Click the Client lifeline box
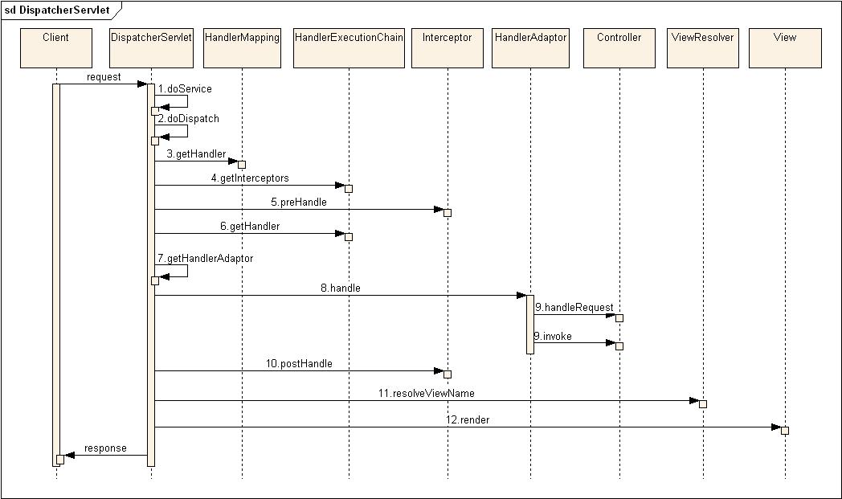(x=56, y=47)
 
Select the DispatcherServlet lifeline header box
(x=150, y=47)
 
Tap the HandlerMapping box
(x=242, y=47)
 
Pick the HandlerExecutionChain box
(x=349, y=47)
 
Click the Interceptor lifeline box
(x=448, y=47)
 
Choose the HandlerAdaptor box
(x=531, y=47)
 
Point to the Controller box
(x=619, y=47)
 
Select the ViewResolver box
(x=702, y=47)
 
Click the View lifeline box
(x=784, y=47)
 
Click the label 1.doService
(x=185, y=88)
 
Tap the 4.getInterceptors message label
(x=250, y=178)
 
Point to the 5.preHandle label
(x=298, y=202)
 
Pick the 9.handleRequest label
(x=574, y=307)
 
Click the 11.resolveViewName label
(x=426, y=393)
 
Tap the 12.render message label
(x=468, y=419)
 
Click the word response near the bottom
(x=105, y=448)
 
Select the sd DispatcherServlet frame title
(x=58, y=10)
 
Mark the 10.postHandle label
(x=299, y=363)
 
